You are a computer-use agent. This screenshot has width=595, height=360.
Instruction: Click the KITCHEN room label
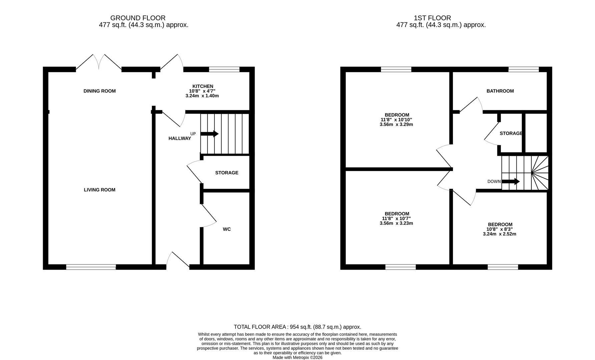(x=202, y=86)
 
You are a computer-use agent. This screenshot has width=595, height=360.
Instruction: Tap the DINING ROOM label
(x=100, y=91)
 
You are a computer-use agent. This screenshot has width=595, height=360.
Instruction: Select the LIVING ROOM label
(x=100, y=190)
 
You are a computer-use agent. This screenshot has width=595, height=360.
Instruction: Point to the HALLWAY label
(x=180, y=138)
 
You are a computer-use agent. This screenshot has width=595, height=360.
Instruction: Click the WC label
(x=227, y=229)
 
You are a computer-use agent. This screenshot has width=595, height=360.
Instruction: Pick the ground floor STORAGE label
(x=227, y=173)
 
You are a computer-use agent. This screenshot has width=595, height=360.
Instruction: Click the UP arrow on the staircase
(x=209, y=134)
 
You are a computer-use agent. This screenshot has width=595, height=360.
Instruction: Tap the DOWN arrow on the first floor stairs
(x=511, y=182)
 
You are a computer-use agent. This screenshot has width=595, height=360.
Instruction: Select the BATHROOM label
(x=500, y=91)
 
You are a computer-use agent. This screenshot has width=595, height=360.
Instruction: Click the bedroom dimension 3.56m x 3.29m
(x=396, y=125)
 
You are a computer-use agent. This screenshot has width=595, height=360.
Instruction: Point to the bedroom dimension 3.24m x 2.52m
(x=500, y=234)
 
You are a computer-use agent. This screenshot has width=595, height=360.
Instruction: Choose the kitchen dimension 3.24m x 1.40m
(x=202, y=96)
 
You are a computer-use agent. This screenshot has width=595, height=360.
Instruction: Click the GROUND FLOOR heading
(x=138, y=18)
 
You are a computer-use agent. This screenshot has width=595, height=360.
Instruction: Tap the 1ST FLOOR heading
(x=432, y=18)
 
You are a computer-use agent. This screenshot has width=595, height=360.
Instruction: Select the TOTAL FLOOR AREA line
(x=297, y=327)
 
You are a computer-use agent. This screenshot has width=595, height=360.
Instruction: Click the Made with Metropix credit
(x=297, y=358)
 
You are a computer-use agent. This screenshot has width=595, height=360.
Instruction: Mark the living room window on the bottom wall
(x=91, y=267)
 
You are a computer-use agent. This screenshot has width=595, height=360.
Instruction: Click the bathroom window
(x=524, y=69)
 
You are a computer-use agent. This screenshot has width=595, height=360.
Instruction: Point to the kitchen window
(x=224, y=69)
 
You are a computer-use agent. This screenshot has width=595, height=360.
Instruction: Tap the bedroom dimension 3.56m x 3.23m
(x=396, y=223)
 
